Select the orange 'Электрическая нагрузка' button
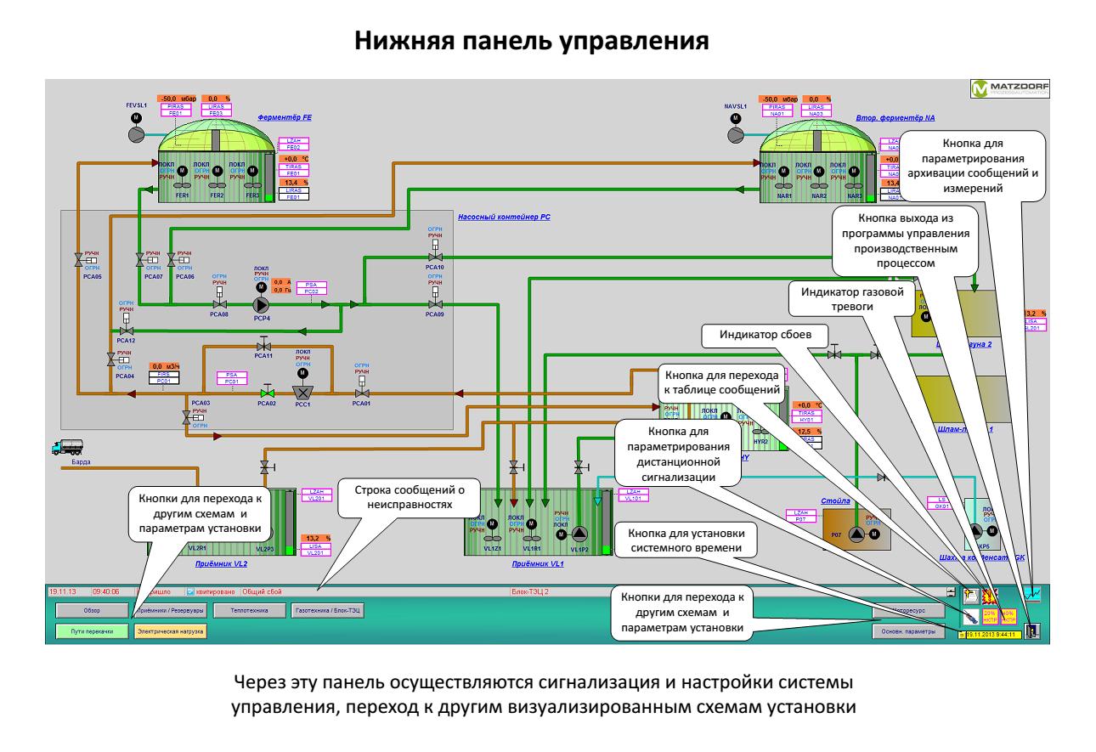coord(170,631)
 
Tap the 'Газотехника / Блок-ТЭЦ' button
coord(327,610)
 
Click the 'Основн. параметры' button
coord(908,631)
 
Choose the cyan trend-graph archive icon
coord(1032,594)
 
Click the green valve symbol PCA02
coord(268,393)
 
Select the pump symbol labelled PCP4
coord(262,303)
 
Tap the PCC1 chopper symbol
coord(303,393)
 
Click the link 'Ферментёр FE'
coord(286,119)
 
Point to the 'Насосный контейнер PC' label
coord(504,218)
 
